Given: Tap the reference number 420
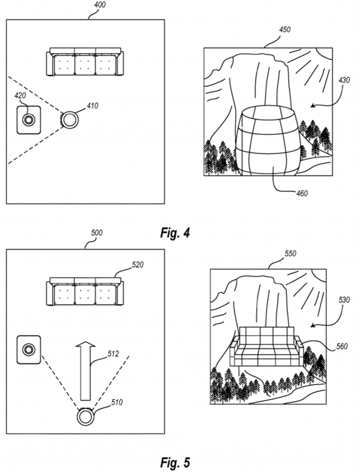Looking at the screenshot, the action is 20,96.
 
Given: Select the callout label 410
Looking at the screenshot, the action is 92,106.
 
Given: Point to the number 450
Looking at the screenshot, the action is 284,29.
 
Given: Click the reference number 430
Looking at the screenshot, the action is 344,80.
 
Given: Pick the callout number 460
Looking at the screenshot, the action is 301,193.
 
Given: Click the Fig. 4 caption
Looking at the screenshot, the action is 175,233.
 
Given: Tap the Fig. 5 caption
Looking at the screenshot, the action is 175,463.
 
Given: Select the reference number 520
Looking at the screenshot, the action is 137,265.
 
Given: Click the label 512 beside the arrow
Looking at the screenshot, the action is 113,354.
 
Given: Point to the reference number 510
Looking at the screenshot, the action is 117,402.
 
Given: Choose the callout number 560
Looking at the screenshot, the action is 342,346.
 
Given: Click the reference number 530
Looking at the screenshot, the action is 344,300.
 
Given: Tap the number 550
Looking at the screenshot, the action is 291,253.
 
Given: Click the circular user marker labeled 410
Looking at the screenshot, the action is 70,119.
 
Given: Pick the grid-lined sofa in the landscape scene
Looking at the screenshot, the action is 266,347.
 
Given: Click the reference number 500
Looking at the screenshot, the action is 96,233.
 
